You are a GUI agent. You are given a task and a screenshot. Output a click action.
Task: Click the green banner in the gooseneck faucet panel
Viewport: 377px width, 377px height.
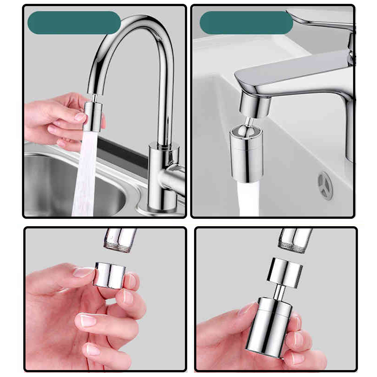(74, 23)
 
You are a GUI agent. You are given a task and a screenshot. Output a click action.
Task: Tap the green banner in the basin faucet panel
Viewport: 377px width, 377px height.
(246, 23)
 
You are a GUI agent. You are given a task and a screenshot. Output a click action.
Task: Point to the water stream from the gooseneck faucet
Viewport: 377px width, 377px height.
(85, 173)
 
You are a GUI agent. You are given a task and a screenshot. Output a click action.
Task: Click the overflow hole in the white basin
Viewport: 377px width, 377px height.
(325, 185)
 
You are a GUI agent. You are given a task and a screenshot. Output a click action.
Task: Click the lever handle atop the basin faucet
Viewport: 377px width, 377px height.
(320, 19)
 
